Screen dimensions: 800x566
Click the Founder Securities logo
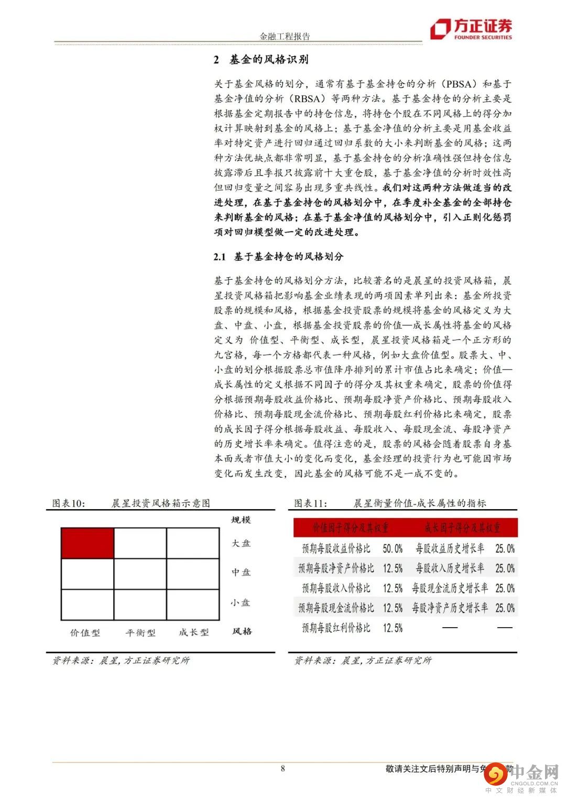click(x=471, y=29)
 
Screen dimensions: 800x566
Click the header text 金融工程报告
click(x=285, y=36)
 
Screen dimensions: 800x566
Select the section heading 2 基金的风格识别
click(x=261, y=60)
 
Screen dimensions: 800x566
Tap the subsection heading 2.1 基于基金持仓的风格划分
click(x=278, y=256)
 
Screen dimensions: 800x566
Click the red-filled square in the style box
click(x=88, y=543)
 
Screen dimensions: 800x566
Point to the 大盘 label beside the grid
click(x=241, y=543)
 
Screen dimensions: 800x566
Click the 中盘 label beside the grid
click(x=241, y=572)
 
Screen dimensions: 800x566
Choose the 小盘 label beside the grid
click(x=241, y=602)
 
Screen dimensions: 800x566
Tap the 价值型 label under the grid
click(x=85, y=632)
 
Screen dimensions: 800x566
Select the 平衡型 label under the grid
click(x=140, y=632)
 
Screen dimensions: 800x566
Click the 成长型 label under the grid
click(x=193, y=632)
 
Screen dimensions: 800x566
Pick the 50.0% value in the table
click(x=393, y=549)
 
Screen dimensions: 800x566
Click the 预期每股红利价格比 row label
click(x=336, y=628)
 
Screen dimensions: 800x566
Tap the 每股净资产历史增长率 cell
click(x=450, y=608)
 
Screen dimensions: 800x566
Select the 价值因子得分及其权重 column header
click(x=350, y=528)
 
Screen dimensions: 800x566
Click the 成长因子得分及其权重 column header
click(x=462, y=528)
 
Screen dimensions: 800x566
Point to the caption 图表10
click(x=69, y=503)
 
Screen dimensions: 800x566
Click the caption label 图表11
click(x=310, y=503)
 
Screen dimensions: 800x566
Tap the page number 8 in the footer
click(x=283, y=769)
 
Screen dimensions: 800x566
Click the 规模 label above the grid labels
click(x=241, y=520)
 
